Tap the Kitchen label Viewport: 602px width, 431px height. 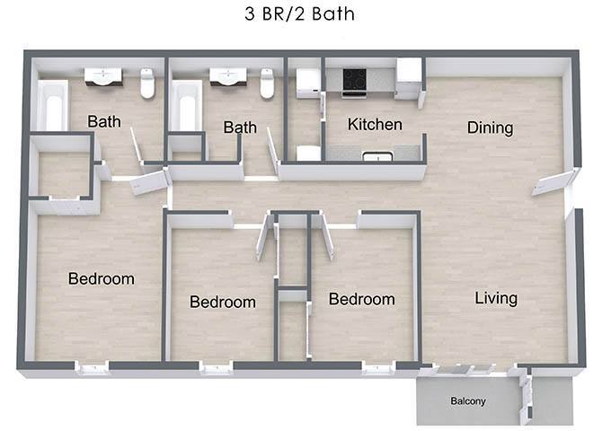[375, 125]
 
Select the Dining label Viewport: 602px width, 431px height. [490, 128]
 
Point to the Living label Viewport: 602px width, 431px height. [496, 298]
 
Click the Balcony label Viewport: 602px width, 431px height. [467, 401]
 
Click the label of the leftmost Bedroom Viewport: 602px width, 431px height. [101, 279]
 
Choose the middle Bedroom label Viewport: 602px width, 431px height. [222, 303]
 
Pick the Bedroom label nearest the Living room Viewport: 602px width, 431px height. [361, 299]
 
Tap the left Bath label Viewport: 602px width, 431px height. [104, 121]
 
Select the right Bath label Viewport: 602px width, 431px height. [240, 128]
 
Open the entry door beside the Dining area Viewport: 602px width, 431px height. [552, 182]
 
